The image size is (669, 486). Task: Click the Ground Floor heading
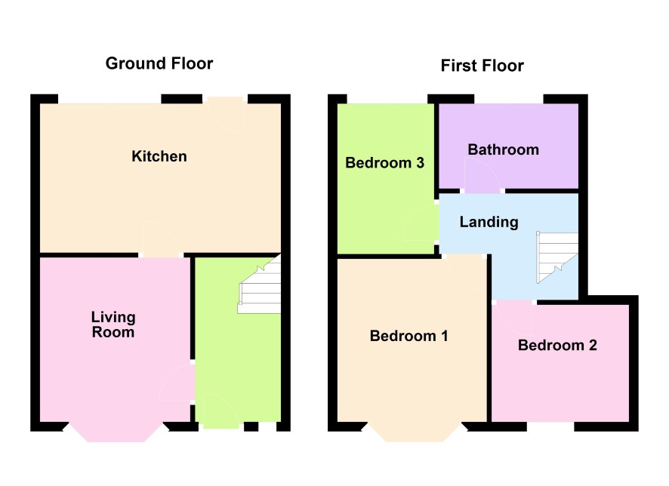pyautogui.click(x=159, y=63)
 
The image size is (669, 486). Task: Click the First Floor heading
pyautogui.click(x=482, y=66)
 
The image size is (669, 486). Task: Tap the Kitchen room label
pyautogui.click(x=159, y=156)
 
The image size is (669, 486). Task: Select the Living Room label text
pyautogui.click(x=113, y=325)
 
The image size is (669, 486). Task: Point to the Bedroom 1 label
pyautogui.click(x=408, y=336)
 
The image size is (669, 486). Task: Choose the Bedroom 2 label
pyautogui.click(x=557, y=345)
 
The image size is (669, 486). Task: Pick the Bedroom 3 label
pyautogui.click(x=384, y=162)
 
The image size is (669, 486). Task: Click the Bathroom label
pyautogui.click(x=504, y=149)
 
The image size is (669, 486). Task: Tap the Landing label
pyautogui.click(x=489, y=222)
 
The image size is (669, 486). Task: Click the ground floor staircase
pyautogui.click(x=260, y=285)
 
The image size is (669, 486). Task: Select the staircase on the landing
pyautogui.click(x=557, y=257)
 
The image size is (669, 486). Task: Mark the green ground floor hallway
pyautogui.click(x=237, y=354)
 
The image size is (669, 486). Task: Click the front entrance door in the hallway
pyautogui.click(x=221, y=411)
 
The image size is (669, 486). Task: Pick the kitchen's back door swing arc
pyautogui.click(x=225, y=115)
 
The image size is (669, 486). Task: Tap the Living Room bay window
pyautogui.click(x=116, y=432)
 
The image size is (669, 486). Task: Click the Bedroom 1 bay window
pyautogui.click(x=415, y=432)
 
